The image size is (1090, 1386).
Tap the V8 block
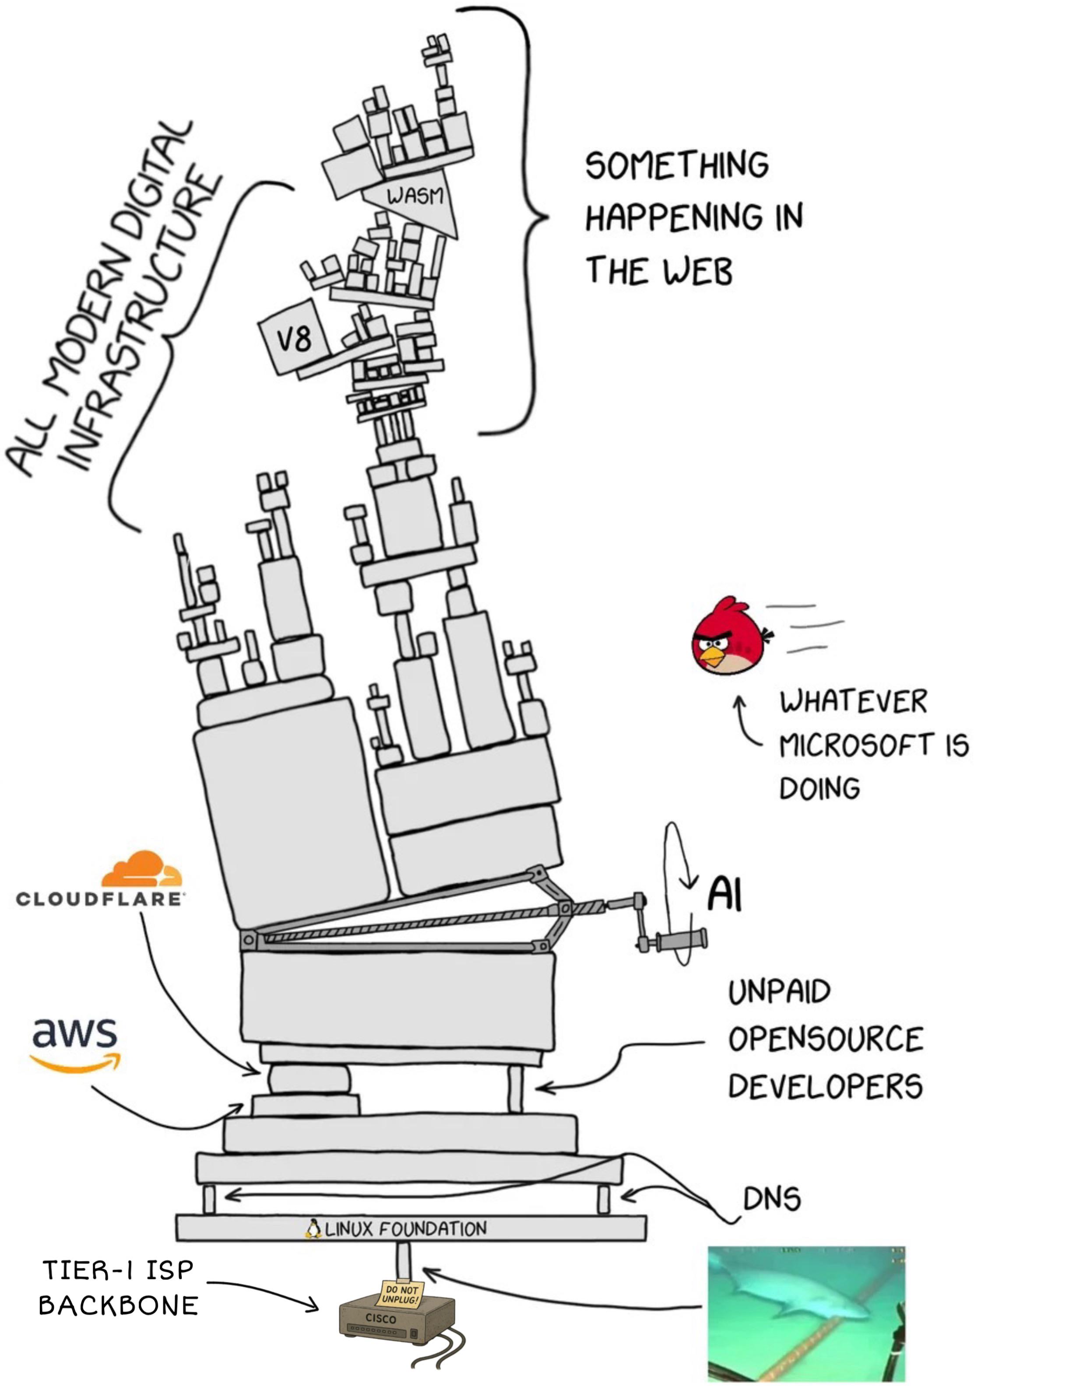[x=294, y=338]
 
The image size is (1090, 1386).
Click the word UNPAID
[x=779, y=992]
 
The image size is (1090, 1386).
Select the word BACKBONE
[x=119, y=1305]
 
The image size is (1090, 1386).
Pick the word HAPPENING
[x=673, y=217]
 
